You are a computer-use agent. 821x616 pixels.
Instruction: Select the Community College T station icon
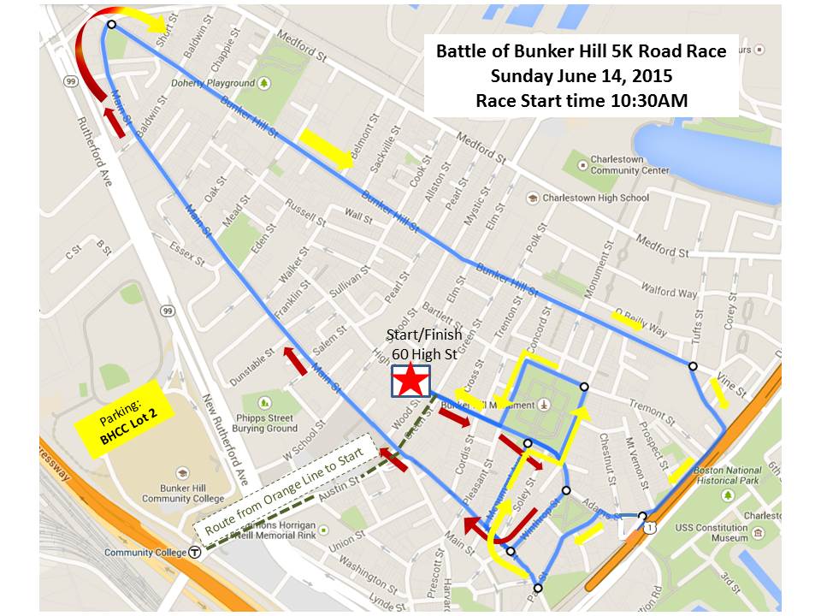click(196, 553)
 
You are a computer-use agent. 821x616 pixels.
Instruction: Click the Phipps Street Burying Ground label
click(269, 423)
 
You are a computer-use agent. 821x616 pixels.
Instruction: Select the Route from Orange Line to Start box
click(281, 494)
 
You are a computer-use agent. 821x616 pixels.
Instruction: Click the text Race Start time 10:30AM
click(582, 99)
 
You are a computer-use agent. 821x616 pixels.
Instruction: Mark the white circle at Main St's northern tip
click(111, 25)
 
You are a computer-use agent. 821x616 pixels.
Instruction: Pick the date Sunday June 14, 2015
click(582, 75)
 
